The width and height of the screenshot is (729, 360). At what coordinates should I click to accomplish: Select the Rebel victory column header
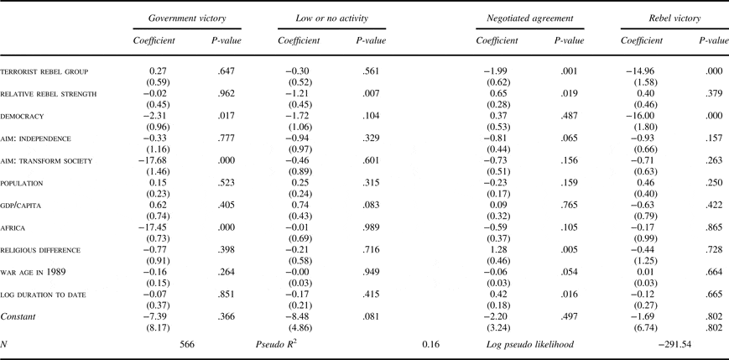pos(669,18)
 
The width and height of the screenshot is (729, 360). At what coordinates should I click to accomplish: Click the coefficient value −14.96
pos(638,72)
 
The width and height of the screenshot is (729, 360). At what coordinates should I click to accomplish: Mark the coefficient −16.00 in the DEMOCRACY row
pos(638,116)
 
